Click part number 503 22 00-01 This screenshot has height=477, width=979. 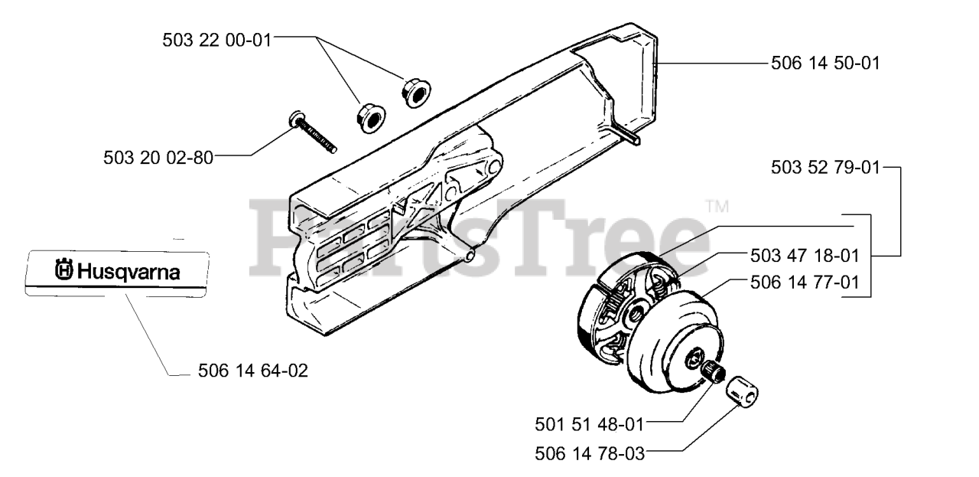click(216, 38)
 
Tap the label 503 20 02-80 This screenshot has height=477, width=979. click(158, 157)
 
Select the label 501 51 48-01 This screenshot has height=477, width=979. click(590, 422)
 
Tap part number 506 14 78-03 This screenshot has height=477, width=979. click(590, 452)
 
